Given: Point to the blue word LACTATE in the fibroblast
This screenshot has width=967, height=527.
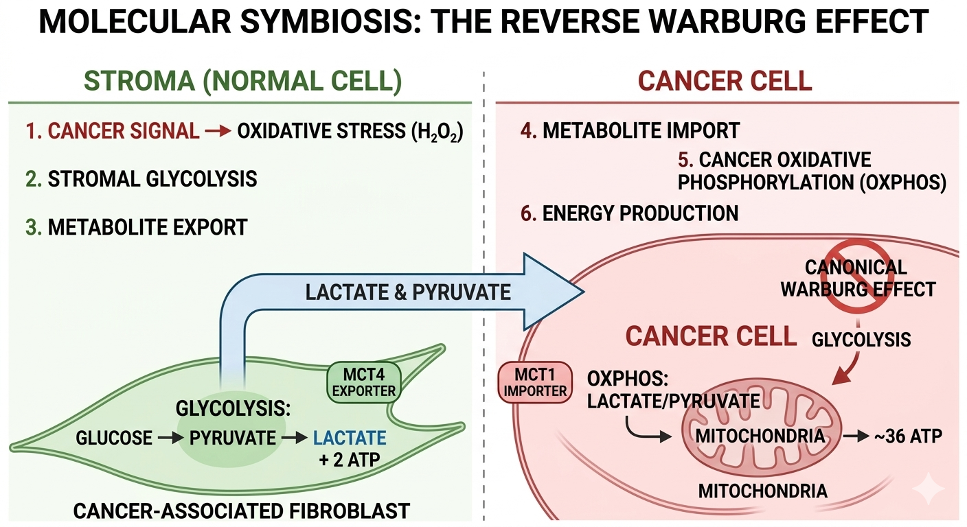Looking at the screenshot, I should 350,437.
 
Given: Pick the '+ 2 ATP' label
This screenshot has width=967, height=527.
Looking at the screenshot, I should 349,460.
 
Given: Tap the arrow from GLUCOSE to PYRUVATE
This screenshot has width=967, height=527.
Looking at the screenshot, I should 166,437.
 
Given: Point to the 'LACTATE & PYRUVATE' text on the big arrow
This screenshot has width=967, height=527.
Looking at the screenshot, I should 408,292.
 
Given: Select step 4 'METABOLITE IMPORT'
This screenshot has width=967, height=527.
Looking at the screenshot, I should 630,130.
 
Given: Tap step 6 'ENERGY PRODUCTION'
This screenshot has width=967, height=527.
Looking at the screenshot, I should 630,213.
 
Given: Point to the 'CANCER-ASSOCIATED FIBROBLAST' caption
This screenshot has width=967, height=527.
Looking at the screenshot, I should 241,511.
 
